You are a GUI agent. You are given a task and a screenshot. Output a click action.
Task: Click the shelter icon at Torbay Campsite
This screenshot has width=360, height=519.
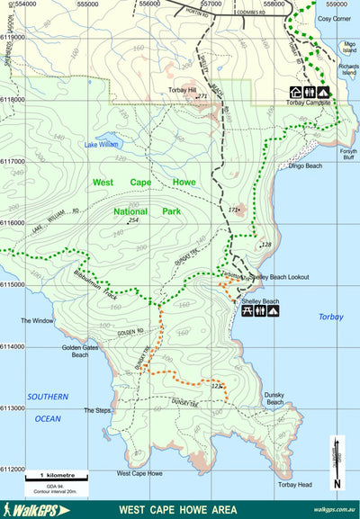295,92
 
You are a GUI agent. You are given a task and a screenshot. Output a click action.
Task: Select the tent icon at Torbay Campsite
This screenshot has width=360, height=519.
322,92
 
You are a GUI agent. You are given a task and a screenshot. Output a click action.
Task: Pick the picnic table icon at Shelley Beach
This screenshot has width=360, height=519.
247,311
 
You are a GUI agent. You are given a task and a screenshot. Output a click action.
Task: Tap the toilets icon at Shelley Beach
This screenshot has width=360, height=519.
260,311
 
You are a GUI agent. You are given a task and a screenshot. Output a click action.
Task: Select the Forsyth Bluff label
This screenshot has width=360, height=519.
347,154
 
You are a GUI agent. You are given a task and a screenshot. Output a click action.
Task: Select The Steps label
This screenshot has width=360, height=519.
96,410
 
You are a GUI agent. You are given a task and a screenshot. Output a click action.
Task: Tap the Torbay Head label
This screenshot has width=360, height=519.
294,484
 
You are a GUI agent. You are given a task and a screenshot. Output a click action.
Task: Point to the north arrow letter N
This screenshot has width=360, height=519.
337,484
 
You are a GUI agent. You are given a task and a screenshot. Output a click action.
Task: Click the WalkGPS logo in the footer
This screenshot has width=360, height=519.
27,510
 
